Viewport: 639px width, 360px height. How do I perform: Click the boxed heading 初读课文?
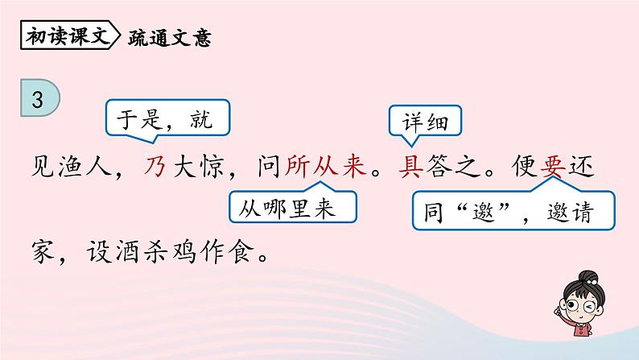(68, 37)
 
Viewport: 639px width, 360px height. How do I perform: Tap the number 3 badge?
(37, 100)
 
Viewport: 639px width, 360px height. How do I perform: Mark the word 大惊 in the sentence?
(199, 165)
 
